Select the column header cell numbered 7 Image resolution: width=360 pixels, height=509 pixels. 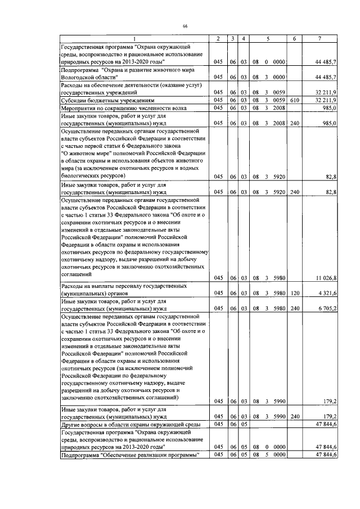tap(319, 38)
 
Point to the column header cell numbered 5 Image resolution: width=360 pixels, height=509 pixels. tap(268, 38)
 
